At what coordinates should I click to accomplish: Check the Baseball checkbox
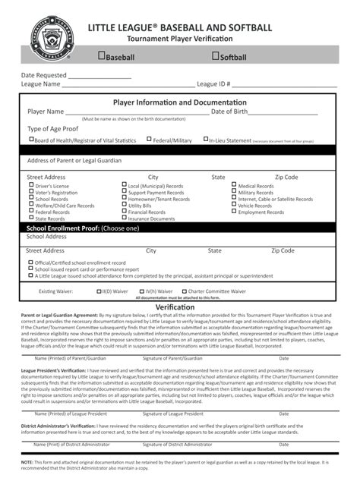pos(102,56)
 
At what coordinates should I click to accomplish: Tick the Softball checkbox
pos(216,56)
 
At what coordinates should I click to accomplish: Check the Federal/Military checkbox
pos(149,140)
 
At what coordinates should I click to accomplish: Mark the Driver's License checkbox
pos(31,184)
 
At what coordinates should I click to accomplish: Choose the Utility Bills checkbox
pos(125,205)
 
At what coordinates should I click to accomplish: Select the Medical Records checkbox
pos(234,184)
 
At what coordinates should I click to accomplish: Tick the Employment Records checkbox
pos(234,212)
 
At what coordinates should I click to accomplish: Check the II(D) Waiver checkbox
pos(99,291)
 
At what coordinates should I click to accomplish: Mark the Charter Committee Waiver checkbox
pos(183,291)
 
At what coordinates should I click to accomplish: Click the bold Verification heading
pos(180,307)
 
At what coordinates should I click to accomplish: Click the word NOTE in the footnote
pos(27,461)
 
